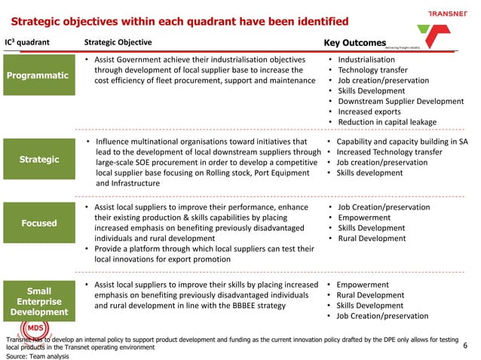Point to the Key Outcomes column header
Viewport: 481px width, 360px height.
pos(354,43)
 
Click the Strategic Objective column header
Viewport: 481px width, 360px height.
pos(118,42)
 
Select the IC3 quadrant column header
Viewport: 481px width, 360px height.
pos(28,42)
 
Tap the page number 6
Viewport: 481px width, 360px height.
pos(464,346)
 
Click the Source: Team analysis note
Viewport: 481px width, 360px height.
pos(37,356)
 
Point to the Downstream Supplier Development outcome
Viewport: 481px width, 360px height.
pos(400,101)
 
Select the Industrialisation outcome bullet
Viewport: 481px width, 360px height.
pos(366,59)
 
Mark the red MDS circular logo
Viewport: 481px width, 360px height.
pos(34,328)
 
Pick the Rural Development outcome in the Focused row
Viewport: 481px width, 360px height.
pos(371,239)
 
